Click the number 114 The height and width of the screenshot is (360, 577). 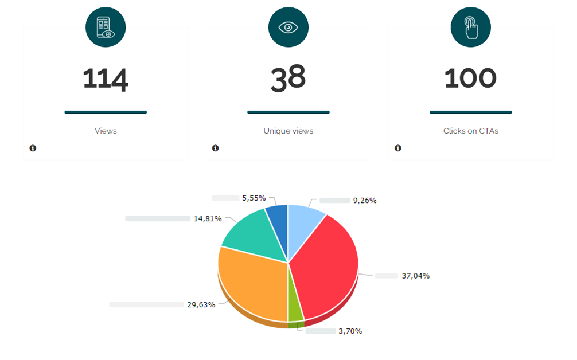[x=106, y=79]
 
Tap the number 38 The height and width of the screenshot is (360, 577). [x=288, y=79]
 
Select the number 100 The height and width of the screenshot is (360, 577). [x=470, y=79]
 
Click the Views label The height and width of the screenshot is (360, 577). [x=106, y=131]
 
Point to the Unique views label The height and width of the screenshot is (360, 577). [x=288, y=131]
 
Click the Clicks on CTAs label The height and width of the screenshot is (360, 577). [x=470, y=131]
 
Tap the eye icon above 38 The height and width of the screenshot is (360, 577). [x=288, y=28]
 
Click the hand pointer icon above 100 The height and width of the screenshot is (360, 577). [x=470, y=28]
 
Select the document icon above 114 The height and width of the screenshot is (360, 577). [x=106, y=28]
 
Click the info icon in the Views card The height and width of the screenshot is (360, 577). [x=33, y=148]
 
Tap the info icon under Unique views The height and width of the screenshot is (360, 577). [x=215, y=148]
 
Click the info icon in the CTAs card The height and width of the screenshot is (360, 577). [x=397, y=148]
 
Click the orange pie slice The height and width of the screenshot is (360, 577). [x=252, y=284]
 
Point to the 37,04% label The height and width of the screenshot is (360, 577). [x=415, y=276]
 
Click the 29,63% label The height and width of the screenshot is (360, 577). [x=201, y=304]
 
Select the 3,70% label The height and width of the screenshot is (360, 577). [x=350, y=331]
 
